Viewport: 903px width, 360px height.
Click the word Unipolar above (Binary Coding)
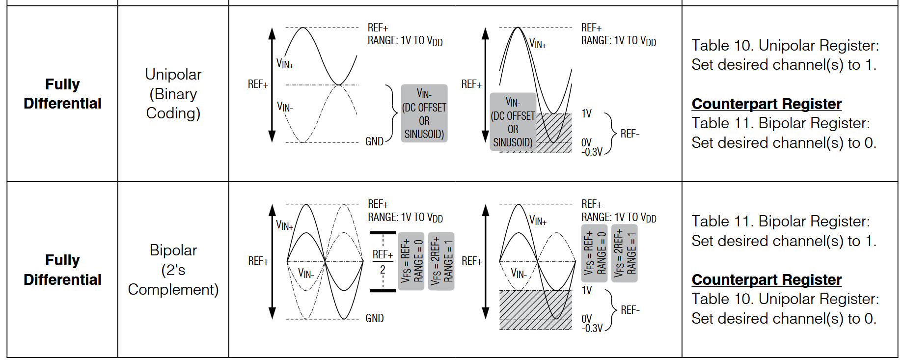click(173, 74)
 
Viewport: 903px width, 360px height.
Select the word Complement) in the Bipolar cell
click(173, 289)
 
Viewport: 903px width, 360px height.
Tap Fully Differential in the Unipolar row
click(62, 93)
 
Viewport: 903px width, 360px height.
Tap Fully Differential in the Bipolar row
click(62, 270)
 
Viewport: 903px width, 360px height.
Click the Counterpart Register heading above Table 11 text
click(766, 104)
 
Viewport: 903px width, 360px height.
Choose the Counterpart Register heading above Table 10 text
click(766, 279)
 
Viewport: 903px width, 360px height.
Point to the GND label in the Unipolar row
click(374, 141)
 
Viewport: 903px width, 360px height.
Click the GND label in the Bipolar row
click(375, 318)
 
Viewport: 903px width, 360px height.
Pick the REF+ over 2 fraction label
click(383, 262)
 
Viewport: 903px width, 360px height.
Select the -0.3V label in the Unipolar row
click(592, 152)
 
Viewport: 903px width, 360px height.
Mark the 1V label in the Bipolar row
click(587, 290)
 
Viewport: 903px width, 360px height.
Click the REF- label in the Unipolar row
click(630, 134)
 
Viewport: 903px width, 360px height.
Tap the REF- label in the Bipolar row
click(630, 310)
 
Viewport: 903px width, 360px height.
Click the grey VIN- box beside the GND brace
click(424, 113)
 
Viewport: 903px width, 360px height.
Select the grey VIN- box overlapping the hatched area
click(513, 122)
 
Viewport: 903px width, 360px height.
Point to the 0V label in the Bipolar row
click(587, 319)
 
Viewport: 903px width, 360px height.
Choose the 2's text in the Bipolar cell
click(173, 270)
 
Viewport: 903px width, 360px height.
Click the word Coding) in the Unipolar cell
click(173, 113)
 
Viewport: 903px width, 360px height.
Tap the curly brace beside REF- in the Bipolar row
click(611, 310)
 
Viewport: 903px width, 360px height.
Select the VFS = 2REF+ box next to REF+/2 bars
click(441, 261)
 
